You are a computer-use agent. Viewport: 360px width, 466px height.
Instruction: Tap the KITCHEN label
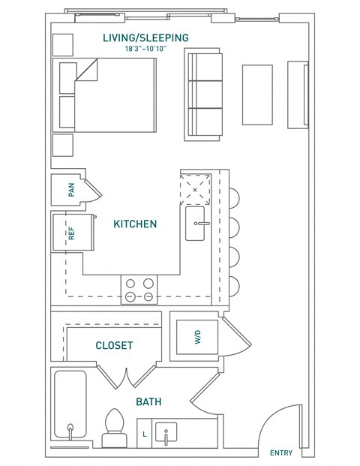[135, 224]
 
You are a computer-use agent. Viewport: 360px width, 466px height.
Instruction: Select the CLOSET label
[115, 345]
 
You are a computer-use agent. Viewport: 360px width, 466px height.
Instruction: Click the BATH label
[149, 402]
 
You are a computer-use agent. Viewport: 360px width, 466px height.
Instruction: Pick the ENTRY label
[281, 452]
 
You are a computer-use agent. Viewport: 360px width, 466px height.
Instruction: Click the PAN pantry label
[72, 190]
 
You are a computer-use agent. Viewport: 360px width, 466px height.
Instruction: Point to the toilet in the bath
[115, 426]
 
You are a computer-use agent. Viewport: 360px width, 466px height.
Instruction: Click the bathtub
[70, 409]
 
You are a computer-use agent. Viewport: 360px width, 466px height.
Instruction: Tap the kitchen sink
[199, 224]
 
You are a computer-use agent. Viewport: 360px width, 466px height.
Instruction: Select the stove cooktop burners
[139, 290]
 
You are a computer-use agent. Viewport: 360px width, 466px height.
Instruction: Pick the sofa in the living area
[204, 94]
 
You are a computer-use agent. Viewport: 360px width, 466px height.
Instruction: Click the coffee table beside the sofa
[257, 94]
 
